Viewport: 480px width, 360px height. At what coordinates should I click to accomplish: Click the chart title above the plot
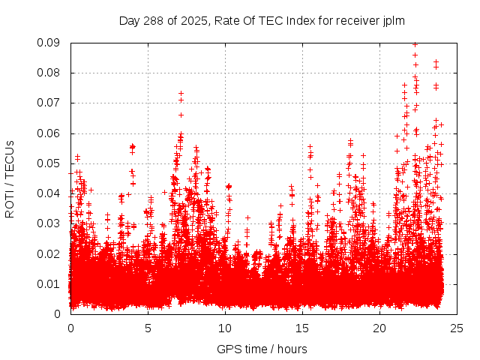pyautogui.click(x=262, y=21)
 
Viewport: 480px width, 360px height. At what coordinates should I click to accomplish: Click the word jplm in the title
pyautogui.click(x=392, y=21)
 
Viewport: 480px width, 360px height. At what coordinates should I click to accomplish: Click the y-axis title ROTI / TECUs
pyautogui.click(x=10, y=178)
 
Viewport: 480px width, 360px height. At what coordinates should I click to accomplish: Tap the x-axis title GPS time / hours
pyautogui.click(x=262, y=349)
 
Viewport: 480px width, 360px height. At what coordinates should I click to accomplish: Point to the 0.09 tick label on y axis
pyautogui.click(x=50, y=43)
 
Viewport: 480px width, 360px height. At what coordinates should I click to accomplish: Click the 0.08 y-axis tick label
pyautogui.click(x=50, y=73)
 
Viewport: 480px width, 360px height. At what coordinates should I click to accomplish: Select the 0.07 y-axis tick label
pyautogui.click(x=50, y=103)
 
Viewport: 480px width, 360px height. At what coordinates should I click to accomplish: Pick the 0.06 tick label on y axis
pyautogui.click(x=50, y=133)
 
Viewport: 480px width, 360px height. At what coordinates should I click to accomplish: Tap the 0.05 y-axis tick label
pyautogui.click(x=50, y=163)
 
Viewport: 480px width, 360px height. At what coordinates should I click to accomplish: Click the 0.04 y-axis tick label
pyautogui.click(x=50, y=193)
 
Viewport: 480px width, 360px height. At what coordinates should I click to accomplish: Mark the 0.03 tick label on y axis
pyautogui.click(x=50, y=223)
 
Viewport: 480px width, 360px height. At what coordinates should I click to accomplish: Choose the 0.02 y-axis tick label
pyautogui.click(x=50, y=253)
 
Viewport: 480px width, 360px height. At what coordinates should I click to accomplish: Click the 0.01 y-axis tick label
pyautogui.click(x=50, y=283)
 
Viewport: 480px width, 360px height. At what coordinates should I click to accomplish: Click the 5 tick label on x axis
pyautogui.click(x=148, y=328)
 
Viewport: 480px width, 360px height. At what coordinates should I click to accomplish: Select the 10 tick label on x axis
pyautogui.click(x=225, y=328)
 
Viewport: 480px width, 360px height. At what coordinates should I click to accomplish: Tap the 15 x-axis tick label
pyautogui.click(x=302, y=328)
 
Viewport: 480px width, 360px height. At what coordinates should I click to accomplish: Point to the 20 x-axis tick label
pyautogui.click(x=379, y=328)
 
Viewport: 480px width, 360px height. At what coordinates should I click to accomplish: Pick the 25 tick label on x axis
pyautogui.click(x=457, y=328)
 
